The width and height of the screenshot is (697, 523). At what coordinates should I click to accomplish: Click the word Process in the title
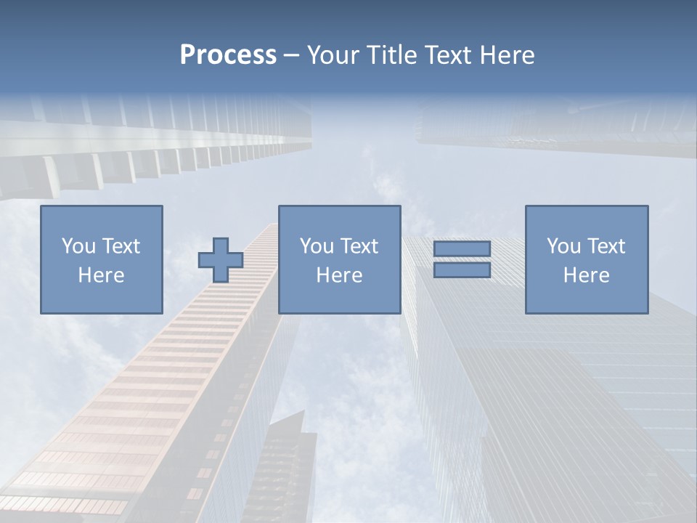pyautogui.click(x=228, y=55)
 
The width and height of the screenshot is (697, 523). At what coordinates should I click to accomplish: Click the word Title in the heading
pyautogui.click(x=393, y=55)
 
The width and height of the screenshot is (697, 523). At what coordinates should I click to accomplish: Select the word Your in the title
pyautogui.click(x=333, y=55)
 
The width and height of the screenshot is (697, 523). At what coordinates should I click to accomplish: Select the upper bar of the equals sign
pyautogui.click(x=462, y=248)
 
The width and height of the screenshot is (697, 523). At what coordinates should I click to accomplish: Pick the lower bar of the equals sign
pyautogui.click(x=462, y=270)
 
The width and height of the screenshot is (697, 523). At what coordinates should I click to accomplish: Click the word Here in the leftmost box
pyautogui.click(x=101, y=275)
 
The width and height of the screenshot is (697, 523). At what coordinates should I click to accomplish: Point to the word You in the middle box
pyautogui.click(x=317, y=246)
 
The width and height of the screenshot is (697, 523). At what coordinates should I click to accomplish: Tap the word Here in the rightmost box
pyautogui.click(x=587, y=275)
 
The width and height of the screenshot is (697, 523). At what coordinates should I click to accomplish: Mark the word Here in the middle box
pyautogui.click(x=339, y=275)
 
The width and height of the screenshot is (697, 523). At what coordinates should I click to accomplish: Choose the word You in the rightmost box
pyautogui.click(x=563, y=246)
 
